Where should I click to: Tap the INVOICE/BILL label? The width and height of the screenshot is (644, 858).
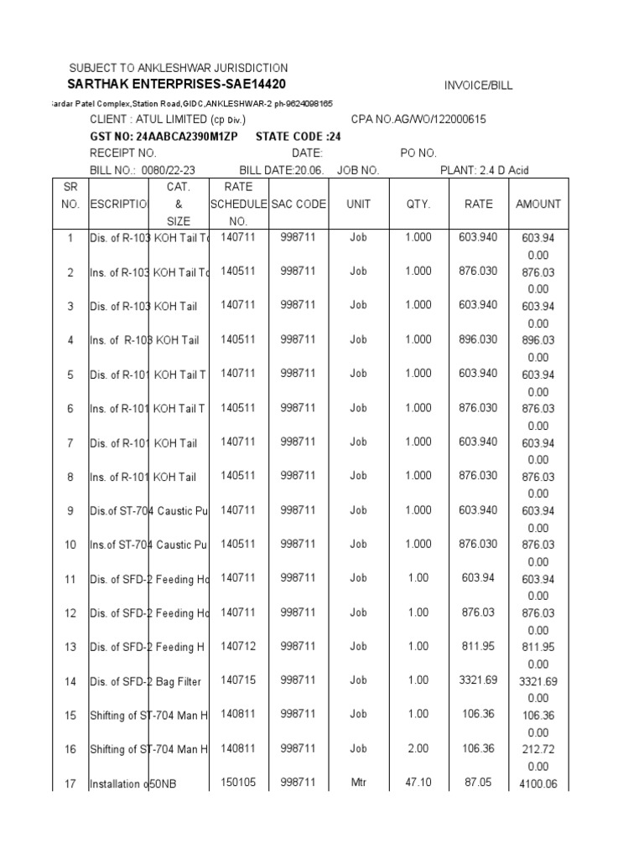point(478,85)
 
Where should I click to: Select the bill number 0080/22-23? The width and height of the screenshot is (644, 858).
point(168,170)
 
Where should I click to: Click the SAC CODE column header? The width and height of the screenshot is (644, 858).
point(299,204)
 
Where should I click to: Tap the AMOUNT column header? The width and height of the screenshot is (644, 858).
point(538,204)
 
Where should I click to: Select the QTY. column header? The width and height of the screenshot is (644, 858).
point(418,204)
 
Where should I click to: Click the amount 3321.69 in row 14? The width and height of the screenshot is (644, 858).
point(538,681)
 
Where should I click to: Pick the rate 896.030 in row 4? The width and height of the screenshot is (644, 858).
point(478,339)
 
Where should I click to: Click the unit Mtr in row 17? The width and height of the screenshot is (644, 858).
point(358,783)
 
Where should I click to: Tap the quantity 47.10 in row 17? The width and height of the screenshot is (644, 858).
point(418,783)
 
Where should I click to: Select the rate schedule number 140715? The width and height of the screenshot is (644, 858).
point(238,680)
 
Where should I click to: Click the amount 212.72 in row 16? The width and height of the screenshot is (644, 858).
point(538,749)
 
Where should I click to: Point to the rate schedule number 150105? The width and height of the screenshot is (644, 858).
point(238,783)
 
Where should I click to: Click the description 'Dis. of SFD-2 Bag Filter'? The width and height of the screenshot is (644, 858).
point(145,681)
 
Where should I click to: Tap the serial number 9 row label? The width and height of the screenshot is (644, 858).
point(70,510)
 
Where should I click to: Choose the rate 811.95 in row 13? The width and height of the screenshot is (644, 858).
point(478,646)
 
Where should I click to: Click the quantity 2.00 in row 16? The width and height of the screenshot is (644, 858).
point(418,748)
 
